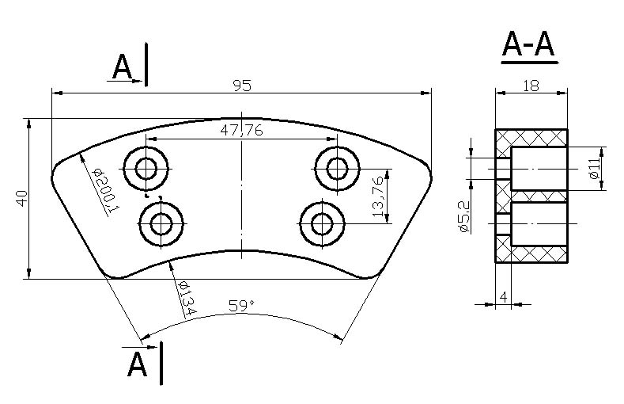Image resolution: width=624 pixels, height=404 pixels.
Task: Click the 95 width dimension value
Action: (242, 86)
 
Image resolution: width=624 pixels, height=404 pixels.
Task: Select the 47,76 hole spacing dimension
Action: (241, 130)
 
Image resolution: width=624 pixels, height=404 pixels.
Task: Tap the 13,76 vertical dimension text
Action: (379, 196)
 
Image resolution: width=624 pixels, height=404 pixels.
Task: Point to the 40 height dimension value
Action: (22, 198)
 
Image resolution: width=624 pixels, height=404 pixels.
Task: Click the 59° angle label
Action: (241, 306)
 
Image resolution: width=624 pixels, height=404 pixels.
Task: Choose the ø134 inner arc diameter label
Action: (187, 297)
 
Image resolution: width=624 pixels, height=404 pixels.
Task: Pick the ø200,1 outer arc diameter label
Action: (105, 191)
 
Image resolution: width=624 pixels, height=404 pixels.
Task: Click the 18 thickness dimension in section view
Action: (531, 86)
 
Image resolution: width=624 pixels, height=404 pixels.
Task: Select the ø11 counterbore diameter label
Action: (594, 168)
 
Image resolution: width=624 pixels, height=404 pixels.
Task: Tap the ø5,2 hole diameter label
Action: (464, 217)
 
